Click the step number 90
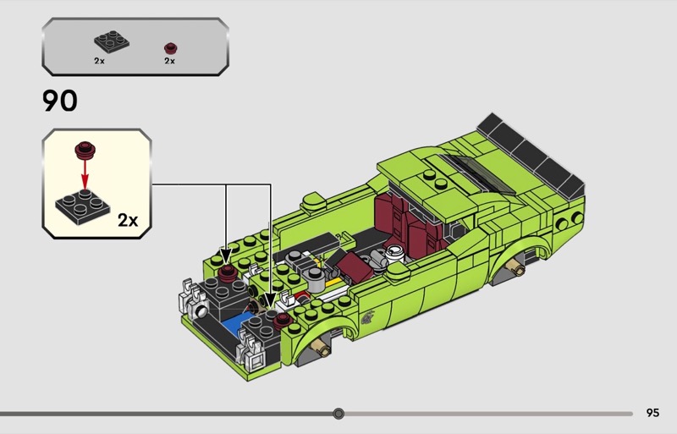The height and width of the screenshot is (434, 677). coord(60,101)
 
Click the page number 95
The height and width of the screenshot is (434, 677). coord(652,413)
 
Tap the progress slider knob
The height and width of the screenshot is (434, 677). coord(339,414)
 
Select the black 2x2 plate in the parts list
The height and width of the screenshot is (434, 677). coord(112,42)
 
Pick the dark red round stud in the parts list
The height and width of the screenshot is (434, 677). coord(171,47)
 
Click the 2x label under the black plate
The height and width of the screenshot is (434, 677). coord(99,61)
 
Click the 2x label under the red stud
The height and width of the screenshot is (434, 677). coord(170,61)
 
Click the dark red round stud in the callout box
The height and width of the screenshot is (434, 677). coord(85,150)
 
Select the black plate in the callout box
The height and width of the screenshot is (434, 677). coord(82,206)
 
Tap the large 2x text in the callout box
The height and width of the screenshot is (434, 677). coord(128,220)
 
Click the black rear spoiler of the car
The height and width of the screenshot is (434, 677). coord(531,157)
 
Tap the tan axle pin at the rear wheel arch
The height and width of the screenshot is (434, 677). coord(516,267)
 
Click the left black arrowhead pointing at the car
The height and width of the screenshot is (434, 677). coord(225,255)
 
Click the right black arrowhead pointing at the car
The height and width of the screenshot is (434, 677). coord(270,301)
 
